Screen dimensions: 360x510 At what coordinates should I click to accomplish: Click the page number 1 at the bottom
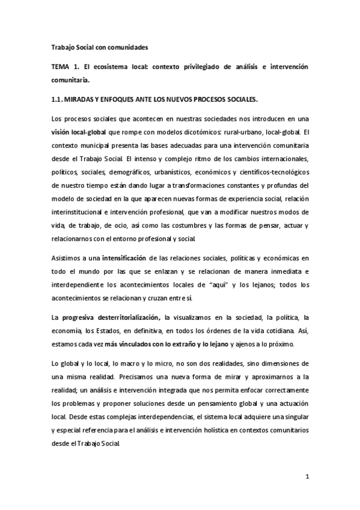coord(307,479)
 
